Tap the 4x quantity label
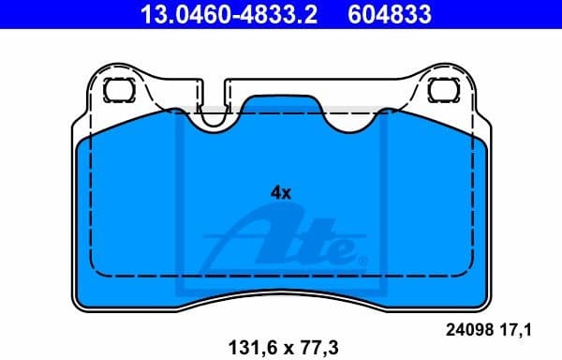coord(281,192)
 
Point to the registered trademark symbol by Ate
coord(362,260)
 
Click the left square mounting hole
coord(118,91)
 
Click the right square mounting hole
coord(441,91)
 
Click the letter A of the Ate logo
coord(245,239)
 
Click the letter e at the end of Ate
coord(338,251)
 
